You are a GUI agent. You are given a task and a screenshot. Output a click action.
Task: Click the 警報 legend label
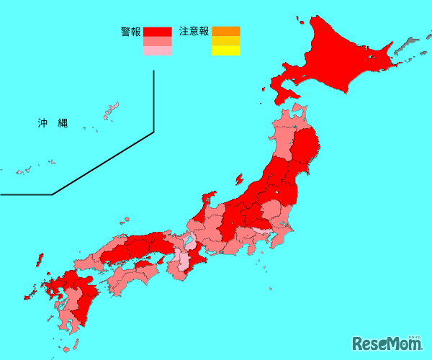(131, 32)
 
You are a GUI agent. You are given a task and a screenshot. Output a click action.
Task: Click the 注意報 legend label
(194, 31)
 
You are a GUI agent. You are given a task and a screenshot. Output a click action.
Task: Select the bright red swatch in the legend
(157, 32)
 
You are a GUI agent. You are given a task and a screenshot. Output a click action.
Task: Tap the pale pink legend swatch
(157, 51)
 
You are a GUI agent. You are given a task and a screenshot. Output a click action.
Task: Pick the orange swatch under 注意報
(225, 31)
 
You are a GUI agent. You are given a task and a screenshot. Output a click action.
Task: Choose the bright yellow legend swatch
(225, 50)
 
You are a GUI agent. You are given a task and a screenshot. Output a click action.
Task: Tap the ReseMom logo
(388, 342)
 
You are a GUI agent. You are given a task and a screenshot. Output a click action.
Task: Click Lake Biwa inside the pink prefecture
(189, 238)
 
